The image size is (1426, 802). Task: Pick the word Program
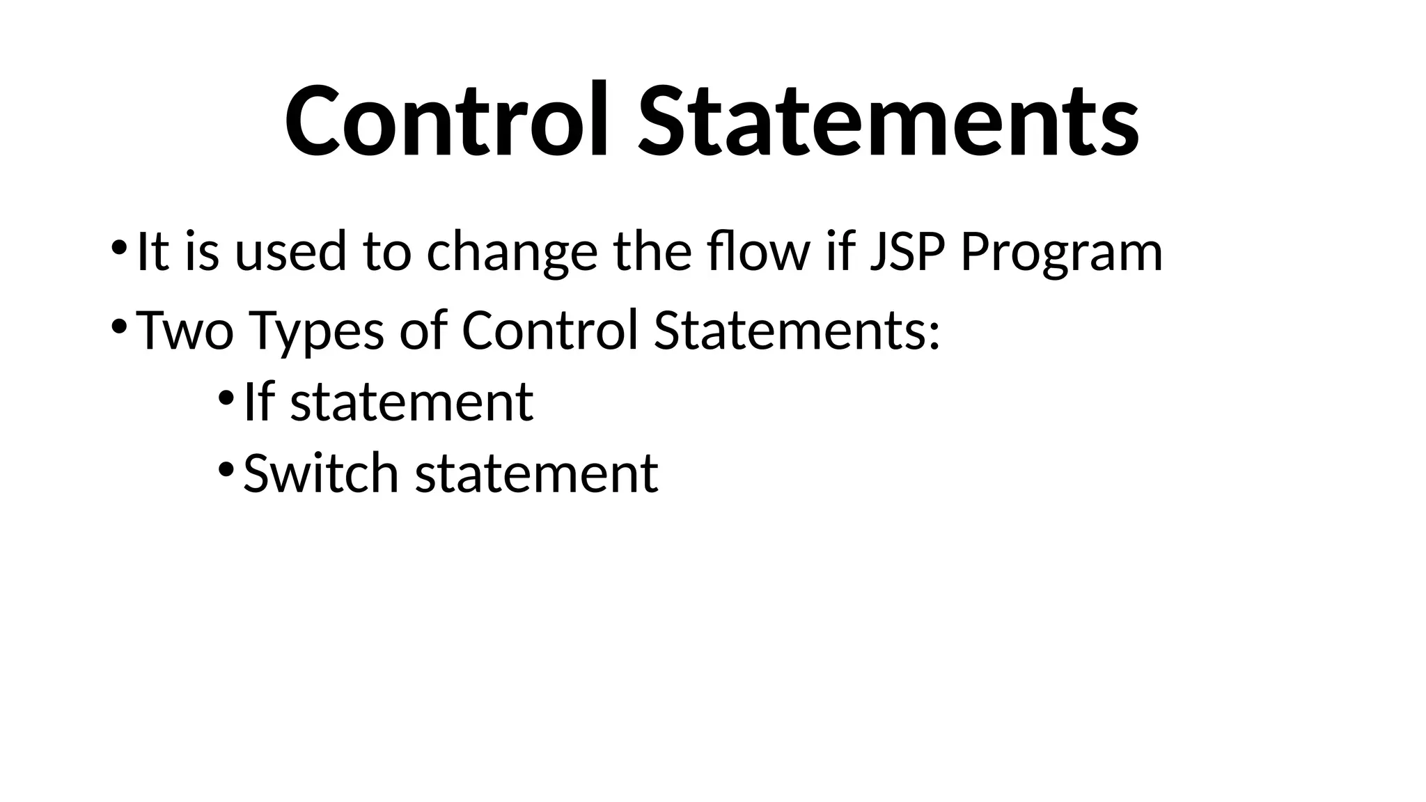pos(1061,253)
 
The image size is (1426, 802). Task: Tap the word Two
pos(185,329)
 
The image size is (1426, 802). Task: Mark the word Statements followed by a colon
pos(797,329)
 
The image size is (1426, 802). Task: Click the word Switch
pos(321,473)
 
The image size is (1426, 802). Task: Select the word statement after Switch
pos(537,474)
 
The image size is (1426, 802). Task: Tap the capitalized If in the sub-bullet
pos(258,402)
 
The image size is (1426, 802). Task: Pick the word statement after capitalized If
pos(412,403)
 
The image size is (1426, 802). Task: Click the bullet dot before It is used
pos(118,247)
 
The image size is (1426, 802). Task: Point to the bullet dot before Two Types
pos(118,326)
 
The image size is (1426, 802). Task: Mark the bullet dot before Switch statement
pos(226,469)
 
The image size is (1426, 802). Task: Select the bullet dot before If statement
pos(226,398)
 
